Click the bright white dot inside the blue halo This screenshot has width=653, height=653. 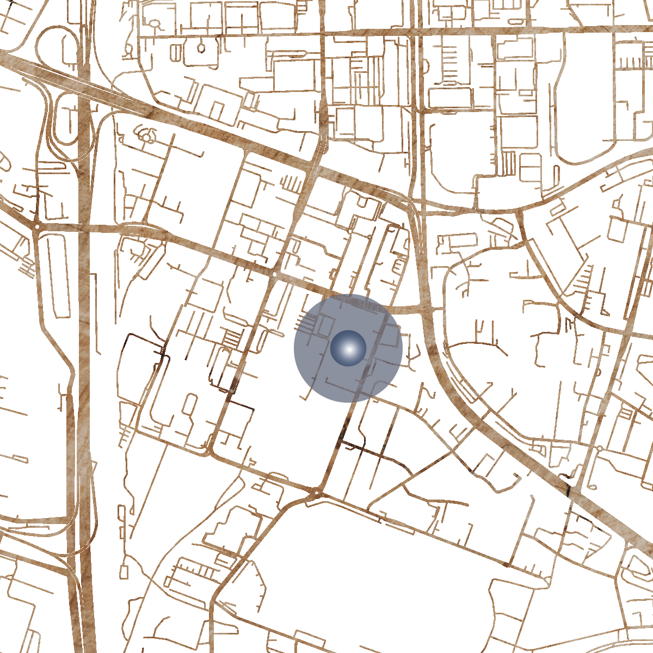(348, 348)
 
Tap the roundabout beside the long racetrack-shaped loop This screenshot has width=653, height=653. (36, 225)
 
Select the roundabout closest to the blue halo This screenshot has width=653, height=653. (275, 274)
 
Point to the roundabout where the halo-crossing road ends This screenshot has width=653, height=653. (318, 494)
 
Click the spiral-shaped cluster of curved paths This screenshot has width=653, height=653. (147, 134)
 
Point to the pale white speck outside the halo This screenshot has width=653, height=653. (232, 391)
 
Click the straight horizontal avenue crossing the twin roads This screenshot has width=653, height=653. (490, 31)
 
